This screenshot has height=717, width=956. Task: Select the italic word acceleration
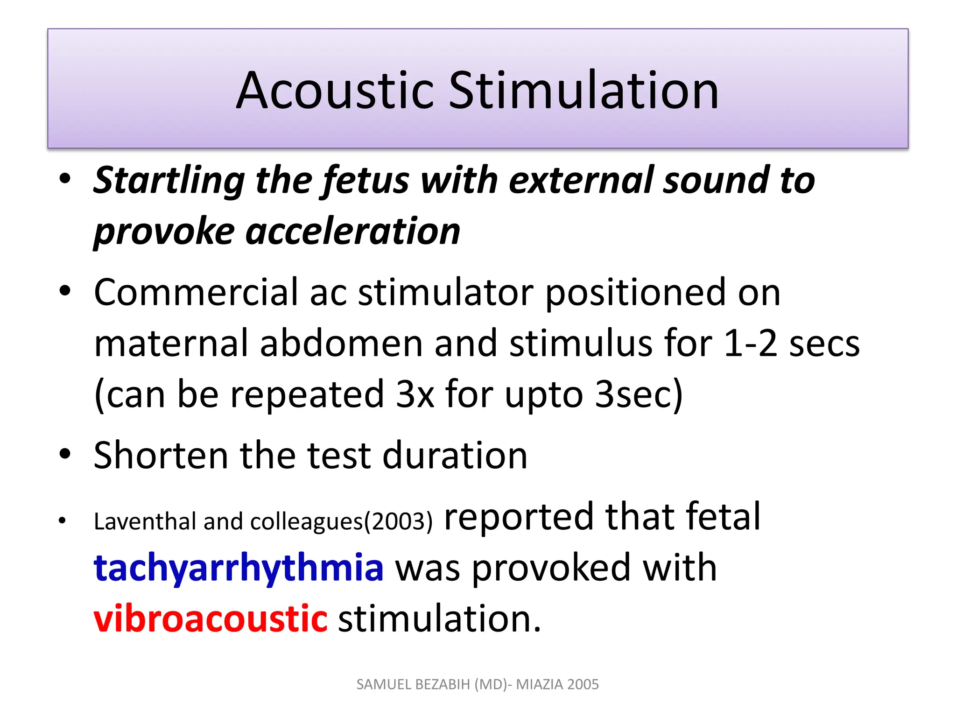353,232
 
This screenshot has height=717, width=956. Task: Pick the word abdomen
341,344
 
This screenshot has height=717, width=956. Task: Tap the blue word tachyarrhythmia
239,568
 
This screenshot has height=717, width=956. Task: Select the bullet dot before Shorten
65,454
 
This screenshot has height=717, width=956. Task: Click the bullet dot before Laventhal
63,520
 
